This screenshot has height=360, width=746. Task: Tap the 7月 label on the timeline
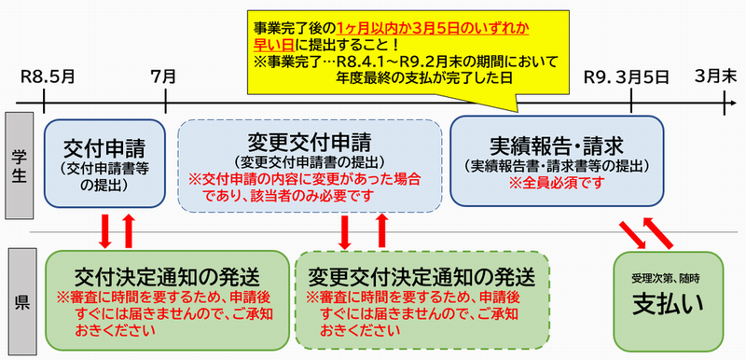(x=164, y=76)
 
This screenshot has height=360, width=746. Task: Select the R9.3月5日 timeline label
(x=626, y=76)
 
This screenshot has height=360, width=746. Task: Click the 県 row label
(x=20, y=301)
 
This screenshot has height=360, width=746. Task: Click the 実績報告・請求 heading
(x=556, y=145)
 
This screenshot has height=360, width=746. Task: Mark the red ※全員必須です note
(x=557, y=184)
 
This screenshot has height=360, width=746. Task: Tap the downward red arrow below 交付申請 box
(x=105, y=230)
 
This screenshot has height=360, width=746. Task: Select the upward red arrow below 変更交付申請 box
(x=380, y=230)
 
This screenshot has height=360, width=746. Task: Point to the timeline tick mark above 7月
(x=165, y=103)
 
